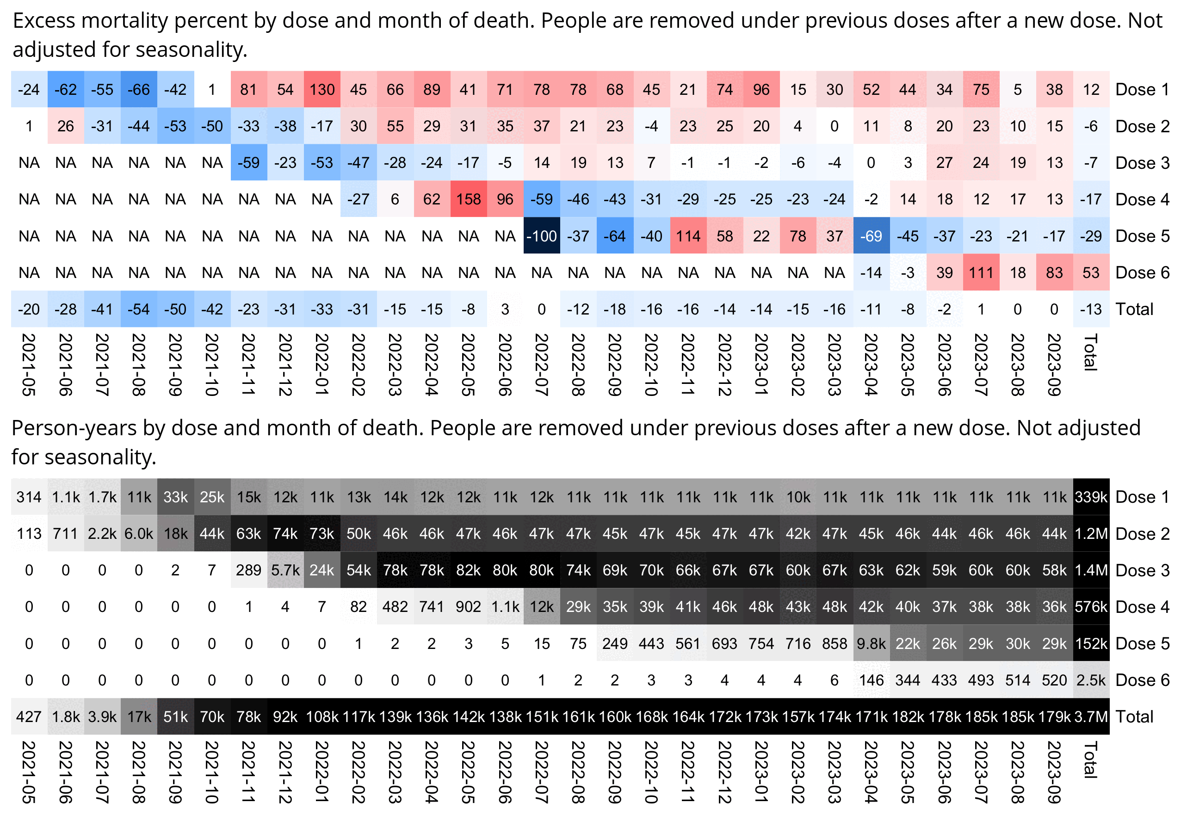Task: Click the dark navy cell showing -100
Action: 541,236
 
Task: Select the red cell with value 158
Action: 468,199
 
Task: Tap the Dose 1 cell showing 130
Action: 322,89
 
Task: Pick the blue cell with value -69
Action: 871,236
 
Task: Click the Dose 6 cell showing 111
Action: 981,273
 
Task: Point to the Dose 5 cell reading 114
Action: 688,236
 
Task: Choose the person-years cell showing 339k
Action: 1091,497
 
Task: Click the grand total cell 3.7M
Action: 1091,716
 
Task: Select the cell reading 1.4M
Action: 1091,570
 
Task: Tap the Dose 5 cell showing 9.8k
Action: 871,643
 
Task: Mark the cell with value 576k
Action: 1091,607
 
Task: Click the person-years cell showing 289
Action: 249,570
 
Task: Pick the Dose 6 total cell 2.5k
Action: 1091,680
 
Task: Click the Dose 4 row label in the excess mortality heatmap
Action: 1142,199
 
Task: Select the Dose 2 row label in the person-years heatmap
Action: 1142,534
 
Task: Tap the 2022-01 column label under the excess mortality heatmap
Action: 322,364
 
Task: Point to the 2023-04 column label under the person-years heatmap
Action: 871,772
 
